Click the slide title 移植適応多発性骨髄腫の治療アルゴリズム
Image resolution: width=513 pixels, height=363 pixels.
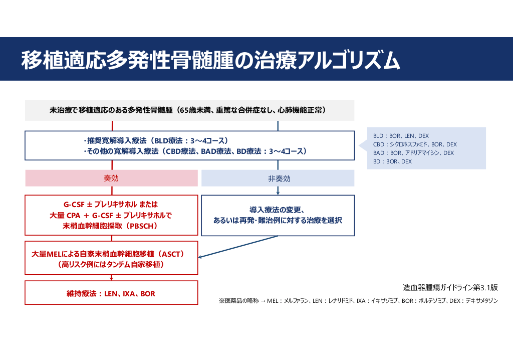[210, 60]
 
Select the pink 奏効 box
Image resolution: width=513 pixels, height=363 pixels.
[111, 178]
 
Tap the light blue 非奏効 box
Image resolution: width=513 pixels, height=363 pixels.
[278, 178]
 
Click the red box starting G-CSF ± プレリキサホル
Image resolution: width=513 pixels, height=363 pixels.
[111, 215]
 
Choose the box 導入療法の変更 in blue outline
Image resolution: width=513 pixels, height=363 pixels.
[278, 215]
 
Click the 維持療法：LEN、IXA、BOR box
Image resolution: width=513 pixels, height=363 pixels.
[111, 294]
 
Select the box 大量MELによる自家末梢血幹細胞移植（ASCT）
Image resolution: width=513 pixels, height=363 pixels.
[111, 258]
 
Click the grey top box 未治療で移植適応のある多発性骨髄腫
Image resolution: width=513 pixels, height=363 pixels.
[189, 110]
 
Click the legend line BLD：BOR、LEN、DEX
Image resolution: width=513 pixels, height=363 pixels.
[401, 136]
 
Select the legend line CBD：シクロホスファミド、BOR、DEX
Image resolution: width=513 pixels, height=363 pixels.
[415, 144]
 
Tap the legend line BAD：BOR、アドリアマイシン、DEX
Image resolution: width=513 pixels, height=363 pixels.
[413, 153]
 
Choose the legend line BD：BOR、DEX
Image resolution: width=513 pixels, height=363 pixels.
[392, 161]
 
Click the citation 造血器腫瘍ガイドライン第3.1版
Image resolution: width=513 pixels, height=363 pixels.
[450, 288]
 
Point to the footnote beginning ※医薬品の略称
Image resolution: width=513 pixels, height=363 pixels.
[358, 301]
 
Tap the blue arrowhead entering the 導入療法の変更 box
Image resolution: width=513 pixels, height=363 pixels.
[278, 193]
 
